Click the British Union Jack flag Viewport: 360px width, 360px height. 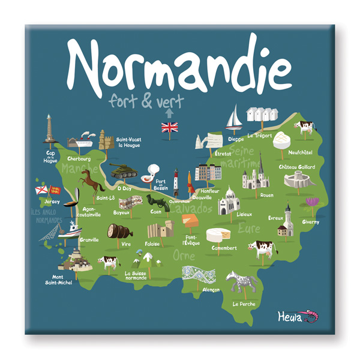(x=170, y=127)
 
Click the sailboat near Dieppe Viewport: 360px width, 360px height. (x=234, y=118)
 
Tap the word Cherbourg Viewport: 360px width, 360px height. (x=79, y=159)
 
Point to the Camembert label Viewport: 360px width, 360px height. (x=224, y=247)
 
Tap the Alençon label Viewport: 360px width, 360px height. (x=211, y=289)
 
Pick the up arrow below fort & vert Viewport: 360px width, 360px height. (x=169, y=112)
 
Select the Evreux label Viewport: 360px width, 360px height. (x=275, y=218)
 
